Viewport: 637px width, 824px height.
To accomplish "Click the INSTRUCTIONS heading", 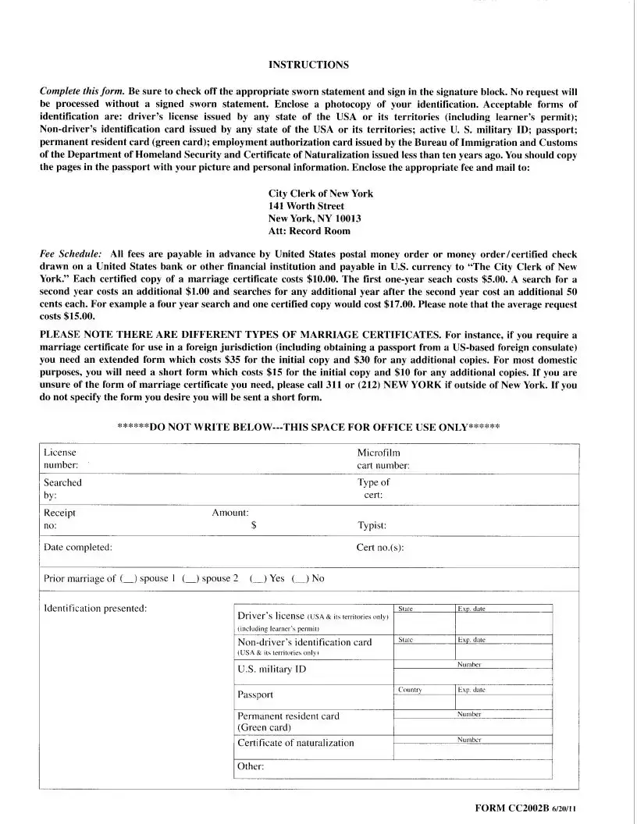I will [308, 64].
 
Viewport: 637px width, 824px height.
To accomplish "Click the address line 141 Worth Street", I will [306, 206].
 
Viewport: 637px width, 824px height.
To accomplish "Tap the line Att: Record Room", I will [309, 231].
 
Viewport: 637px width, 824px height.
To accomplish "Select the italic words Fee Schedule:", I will [70, 254].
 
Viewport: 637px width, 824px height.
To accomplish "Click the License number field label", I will [60, 459].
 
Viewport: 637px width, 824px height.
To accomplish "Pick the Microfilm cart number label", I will [383, 459].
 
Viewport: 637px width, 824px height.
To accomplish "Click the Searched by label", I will [62, 488].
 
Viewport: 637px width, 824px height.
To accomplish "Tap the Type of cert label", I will [373, 488].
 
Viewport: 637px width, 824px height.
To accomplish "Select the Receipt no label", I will [59, 519].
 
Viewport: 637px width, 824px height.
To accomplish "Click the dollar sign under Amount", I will [254, 526].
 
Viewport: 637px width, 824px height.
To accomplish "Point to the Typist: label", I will [372, 526].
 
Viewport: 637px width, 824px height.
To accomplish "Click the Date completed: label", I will [77, 547].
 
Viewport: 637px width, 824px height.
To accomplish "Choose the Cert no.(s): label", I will [380, 547].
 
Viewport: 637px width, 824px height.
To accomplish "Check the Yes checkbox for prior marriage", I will [256, 579].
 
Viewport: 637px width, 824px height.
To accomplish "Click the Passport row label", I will [255, 694].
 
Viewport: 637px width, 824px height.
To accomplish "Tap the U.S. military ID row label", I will [271, 669].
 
